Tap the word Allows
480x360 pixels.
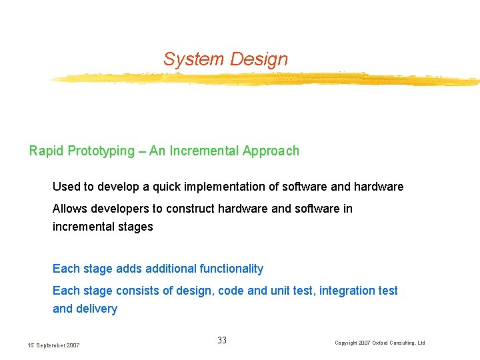click(69, 209)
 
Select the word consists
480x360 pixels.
click(137, 291)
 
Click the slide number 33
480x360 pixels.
click(222, 341)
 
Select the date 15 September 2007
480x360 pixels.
click(53, 345)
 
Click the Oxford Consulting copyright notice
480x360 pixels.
click(379, 343)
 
